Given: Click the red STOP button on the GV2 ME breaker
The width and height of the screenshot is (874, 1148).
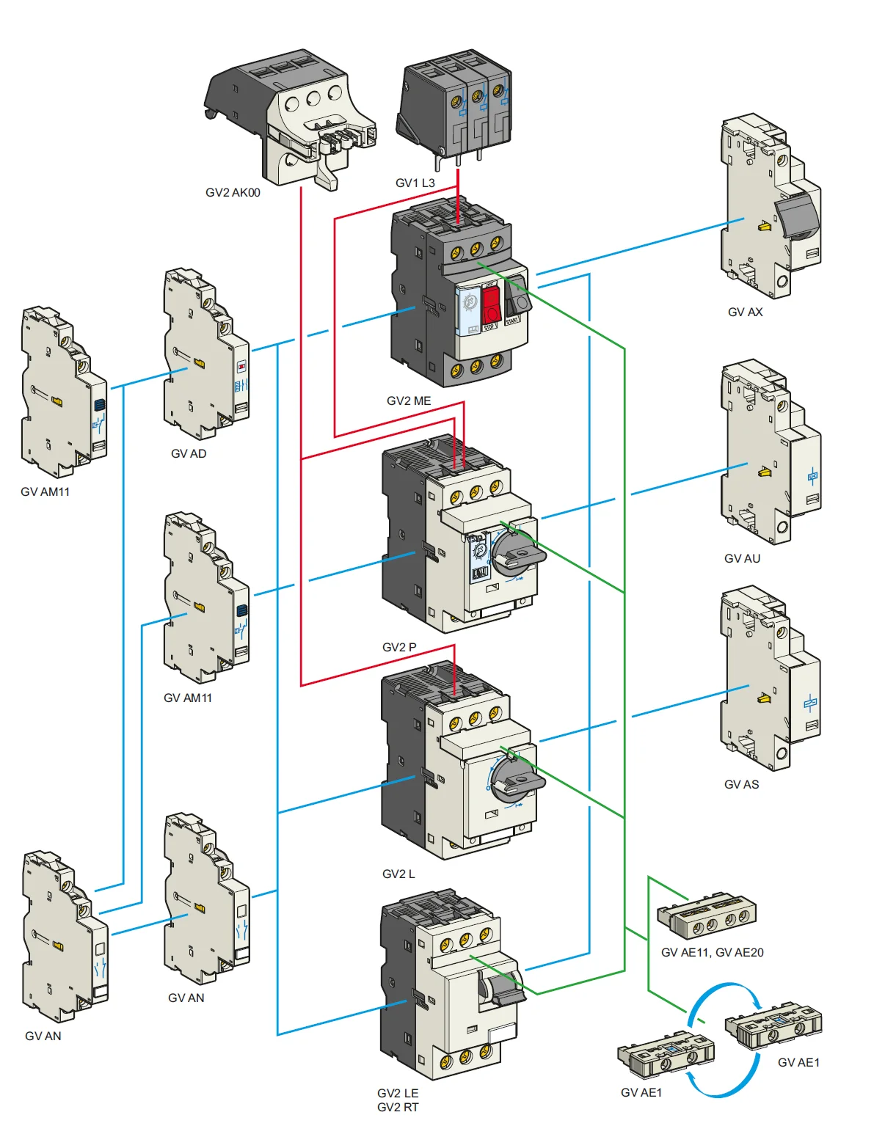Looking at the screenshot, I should pos(491,305).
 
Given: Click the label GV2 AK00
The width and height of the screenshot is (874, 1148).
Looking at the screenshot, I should pos(233,193).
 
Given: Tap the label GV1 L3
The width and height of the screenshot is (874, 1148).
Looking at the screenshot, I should pos(415,183).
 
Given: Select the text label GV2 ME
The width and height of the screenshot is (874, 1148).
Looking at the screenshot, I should pos(409,401).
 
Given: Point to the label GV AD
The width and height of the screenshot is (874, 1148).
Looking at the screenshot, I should pos(189,454).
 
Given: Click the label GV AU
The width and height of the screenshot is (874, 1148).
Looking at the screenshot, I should pos(742,559).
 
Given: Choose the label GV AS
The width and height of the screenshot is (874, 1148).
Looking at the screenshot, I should pos(741,785).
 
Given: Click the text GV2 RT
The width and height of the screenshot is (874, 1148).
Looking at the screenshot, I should pos(398,1108).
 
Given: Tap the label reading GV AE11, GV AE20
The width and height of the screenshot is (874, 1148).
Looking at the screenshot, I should pos(712,953).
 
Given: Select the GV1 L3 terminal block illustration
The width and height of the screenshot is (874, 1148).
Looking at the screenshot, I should pos(455,106).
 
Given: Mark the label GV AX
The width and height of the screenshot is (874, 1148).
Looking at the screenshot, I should pos(745,312).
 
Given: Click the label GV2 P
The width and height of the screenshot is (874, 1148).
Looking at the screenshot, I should pos(399,648).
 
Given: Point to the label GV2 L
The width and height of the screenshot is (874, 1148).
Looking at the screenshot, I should pos(398,874).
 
